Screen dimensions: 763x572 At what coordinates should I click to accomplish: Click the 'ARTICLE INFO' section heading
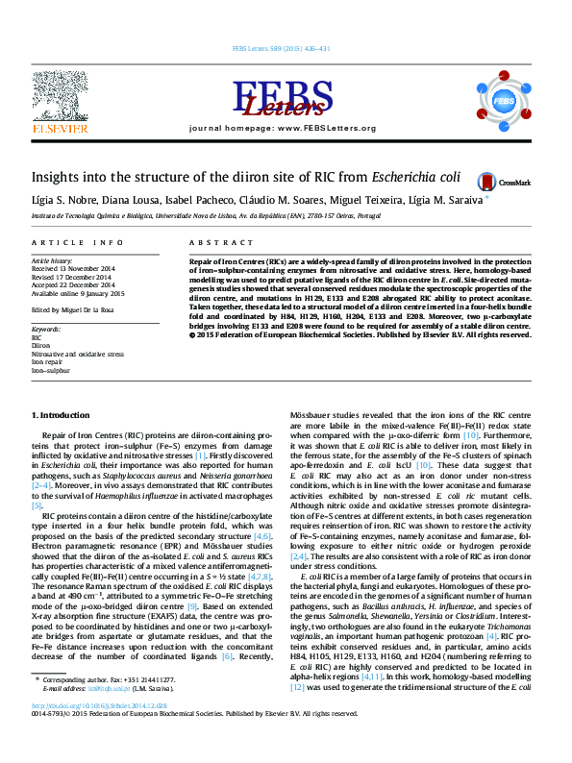pos(78,244)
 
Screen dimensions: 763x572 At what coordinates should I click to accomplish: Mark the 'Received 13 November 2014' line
pos(73,268)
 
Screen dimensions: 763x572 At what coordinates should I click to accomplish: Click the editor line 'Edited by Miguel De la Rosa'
pos(76,309)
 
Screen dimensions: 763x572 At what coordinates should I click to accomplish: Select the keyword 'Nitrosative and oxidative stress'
pos(78,355)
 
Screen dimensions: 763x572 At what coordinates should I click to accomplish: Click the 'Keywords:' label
pos(46,331)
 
